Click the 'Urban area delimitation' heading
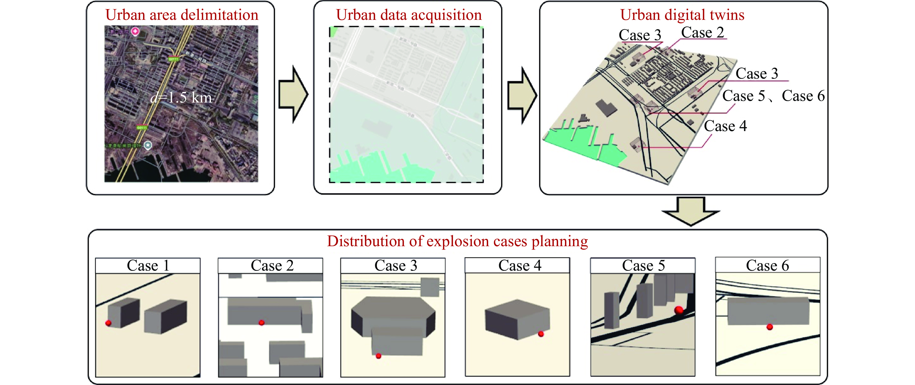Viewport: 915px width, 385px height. point(182,15)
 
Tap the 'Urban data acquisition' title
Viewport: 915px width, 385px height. point(409,15)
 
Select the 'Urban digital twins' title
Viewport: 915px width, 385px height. point(682,15)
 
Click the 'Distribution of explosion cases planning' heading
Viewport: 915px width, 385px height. point(457,241)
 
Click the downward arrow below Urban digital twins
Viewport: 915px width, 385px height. point(691,211)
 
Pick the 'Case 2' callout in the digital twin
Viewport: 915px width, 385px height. point(702,33)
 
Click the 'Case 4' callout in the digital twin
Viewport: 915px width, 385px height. point(725,126)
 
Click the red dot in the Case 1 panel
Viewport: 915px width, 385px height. point(109,323)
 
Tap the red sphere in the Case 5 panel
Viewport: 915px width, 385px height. point(679,310)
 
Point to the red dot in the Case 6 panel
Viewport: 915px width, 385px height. point(769,327)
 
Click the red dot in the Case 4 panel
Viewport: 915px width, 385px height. point(541,334)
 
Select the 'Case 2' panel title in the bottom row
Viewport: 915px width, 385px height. point(272,266)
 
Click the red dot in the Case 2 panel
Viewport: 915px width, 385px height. point(261,323)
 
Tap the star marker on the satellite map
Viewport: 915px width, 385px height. point(148,145)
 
